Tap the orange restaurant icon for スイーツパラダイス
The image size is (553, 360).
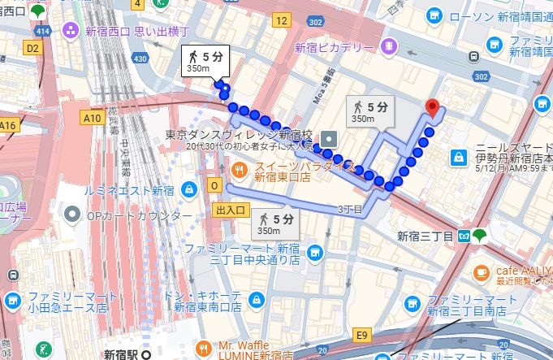(x=240, y=169)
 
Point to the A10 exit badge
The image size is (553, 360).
(x=91, y=118)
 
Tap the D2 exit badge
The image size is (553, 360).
(x=32, y=49)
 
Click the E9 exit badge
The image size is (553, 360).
(x=361, y=333)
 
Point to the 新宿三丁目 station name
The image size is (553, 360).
(x=423, y=236)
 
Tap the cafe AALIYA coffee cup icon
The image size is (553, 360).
(x=482, y=271)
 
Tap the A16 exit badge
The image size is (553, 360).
(x=8, y=125)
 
